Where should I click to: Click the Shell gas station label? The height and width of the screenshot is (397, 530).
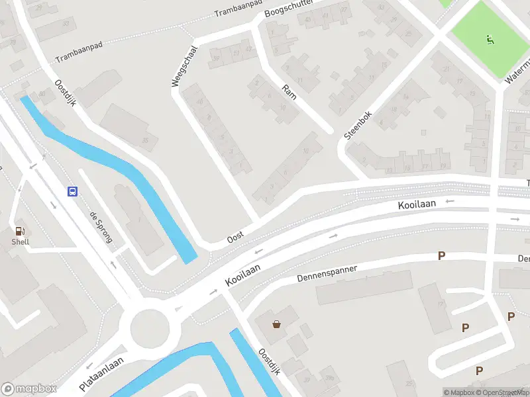[x=20, y=242]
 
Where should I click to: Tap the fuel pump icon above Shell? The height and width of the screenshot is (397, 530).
[x=20, y=231]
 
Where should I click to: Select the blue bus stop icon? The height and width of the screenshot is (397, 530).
[x=72, y=191]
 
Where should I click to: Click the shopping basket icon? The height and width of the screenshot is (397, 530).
[x=276, y=324]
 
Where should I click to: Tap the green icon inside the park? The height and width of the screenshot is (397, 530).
[x=490, y=40]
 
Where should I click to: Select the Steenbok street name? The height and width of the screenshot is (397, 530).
[x=358, y=124]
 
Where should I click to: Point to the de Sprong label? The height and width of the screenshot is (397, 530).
[x=101, y=228]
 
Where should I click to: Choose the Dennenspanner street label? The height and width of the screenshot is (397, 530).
[x=327, y=275]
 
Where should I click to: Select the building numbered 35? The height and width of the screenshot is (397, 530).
[x=144, y=140]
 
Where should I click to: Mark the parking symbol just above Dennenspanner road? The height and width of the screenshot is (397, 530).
[x=441, y=255]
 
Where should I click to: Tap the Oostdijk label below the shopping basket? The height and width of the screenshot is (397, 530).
[x=270, y=361]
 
